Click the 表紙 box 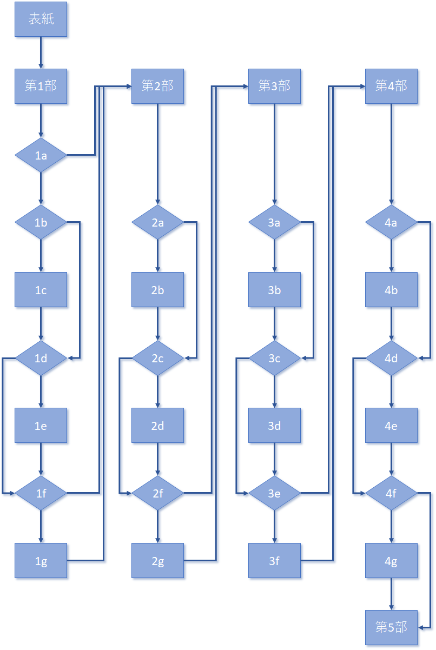[x=41, y=19]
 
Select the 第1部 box [x=41, y=86]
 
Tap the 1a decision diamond [x=41, y=155]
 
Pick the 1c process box [x=41, y=290]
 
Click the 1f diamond [x=41, y=493]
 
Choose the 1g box [x=41, y=561]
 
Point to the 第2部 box [x=158, y=86]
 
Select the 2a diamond [x=158, y=222]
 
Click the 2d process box [x=158, y=426]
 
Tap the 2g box [x=158, y=561]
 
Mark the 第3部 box [x=274, y=86]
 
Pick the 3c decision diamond [x=274, y=357]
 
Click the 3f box [x=274, y=561]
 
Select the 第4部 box [x=391, y=86]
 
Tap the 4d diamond [x=391, y=357]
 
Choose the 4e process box [x=391, y=426]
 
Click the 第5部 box [x=391, y=627]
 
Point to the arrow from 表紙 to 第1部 [x=41, y=53]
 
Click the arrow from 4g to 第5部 [x=391, y=594]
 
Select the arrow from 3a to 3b [x=274, y=256]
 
